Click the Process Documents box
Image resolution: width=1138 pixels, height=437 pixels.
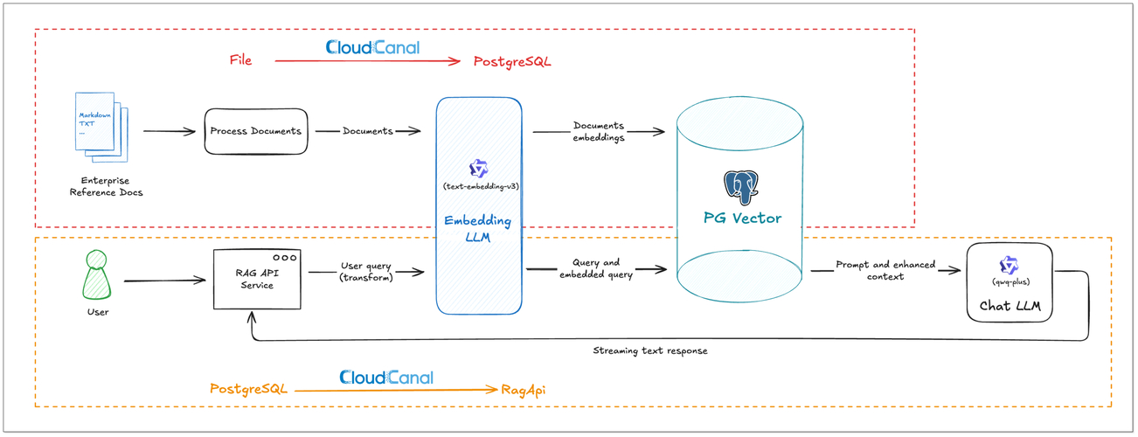coord(255,131)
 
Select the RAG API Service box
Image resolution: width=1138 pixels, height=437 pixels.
coord(257,279)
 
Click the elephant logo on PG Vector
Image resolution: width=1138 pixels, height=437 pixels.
coord(740,186)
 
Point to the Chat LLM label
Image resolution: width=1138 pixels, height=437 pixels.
coord(1010,306)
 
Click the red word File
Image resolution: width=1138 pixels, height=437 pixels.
coord(240,60)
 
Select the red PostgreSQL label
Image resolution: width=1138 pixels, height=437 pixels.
coord(512,62)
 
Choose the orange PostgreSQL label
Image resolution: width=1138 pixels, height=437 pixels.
coord(248,389)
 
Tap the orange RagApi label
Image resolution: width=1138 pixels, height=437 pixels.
coord(524,390)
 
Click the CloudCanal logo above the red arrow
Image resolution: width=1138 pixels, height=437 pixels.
coord(372,47)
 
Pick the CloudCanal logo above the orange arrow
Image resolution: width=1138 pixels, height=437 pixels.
coord(385,378)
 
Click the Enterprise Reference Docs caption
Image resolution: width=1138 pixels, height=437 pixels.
coord(106,186)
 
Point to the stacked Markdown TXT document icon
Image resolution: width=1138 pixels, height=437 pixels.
coord(100,126)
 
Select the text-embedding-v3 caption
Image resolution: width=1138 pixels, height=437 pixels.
coord(479,187)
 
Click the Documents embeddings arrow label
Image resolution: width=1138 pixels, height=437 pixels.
coord(599,131)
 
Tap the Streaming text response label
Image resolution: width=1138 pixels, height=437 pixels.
coord(649,350)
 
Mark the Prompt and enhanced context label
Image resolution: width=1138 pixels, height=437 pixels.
coord(885,270)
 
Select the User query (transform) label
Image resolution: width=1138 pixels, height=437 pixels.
coord(366,271)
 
